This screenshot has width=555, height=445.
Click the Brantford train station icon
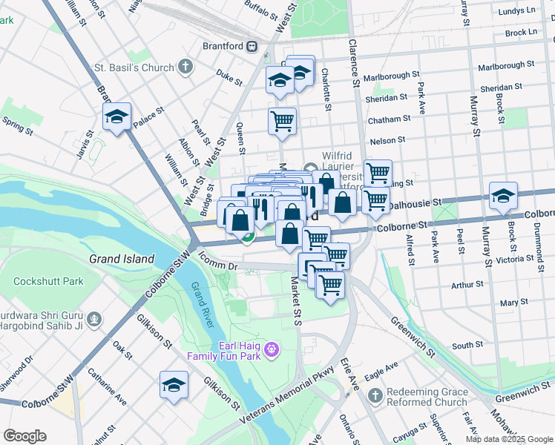[x=252, y=46]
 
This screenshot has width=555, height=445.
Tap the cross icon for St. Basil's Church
[x=185, y=67]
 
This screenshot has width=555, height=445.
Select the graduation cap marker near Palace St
[x=116, y=117]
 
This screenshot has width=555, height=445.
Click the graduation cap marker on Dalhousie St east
[x=503, y=197]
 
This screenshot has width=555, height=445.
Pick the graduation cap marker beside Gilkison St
[x=174, y=386]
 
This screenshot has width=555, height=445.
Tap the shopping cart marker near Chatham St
[x=282, y=120]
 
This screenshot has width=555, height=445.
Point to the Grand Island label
[x=122, y=260]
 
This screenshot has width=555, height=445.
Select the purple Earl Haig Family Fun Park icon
[x=272, y=347]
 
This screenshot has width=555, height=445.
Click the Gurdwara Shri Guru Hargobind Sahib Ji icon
[x=93, y=320]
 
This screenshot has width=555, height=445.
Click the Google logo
[x=24, y=436]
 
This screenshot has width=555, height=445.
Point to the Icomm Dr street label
[x=217, y=264]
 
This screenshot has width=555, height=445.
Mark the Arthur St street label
[x=467, y=284]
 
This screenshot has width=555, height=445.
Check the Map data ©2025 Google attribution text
[x=508, y=439]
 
